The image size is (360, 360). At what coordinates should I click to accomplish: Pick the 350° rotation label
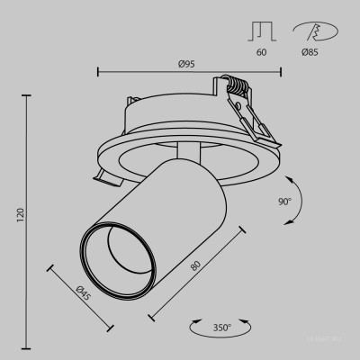pyautogui.click(x=221, y=327)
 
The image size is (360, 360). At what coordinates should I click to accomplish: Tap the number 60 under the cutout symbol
pyautogui.click(x=262, y=53)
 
